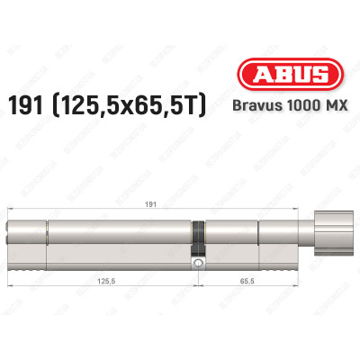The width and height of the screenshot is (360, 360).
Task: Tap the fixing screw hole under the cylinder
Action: point(197,263)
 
